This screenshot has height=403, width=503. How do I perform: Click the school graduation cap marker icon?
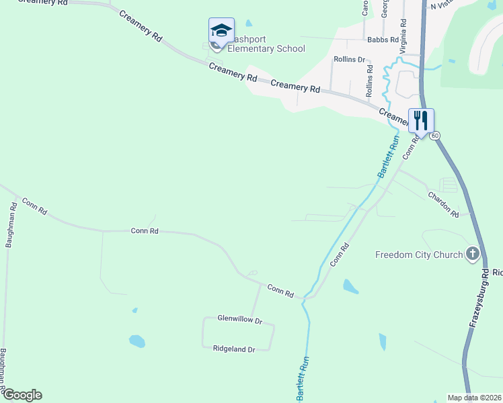[221, 30]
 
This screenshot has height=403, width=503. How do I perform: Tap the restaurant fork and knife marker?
[421, 121]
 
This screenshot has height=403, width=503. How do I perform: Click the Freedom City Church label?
[419, 255]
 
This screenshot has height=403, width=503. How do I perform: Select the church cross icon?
[473, 254]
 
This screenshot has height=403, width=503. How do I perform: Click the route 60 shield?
[436, 136]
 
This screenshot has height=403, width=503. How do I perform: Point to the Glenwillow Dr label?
[239, 319]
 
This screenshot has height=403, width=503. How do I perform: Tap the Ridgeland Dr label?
[234, 349]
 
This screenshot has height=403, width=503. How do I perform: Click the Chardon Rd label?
[443, 204]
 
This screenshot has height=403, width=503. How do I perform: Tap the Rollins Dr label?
[350, 59]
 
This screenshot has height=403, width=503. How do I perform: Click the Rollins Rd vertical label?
[370, 79]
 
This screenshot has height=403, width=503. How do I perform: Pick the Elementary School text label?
[266, 48]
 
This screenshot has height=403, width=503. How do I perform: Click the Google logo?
[22, 395]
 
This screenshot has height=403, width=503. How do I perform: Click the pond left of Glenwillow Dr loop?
[137, 341]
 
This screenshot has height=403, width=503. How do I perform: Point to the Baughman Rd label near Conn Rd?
[10, 226]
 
